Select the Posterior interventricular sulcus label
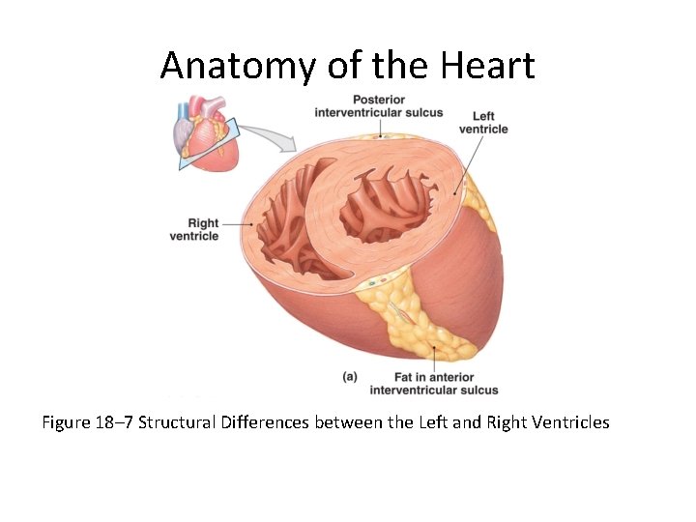pos(378,106)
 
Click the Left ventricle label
pos(483,123)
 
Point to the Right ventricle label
pos(194,229)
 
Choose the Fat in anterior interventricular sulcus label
pos(434,384)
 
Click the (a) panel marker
pos(350,376)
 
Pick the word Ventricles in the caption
pos(567,422)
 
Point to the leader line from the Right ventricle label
pos(238,224)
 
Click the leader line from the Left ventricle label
pos(473,160)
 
